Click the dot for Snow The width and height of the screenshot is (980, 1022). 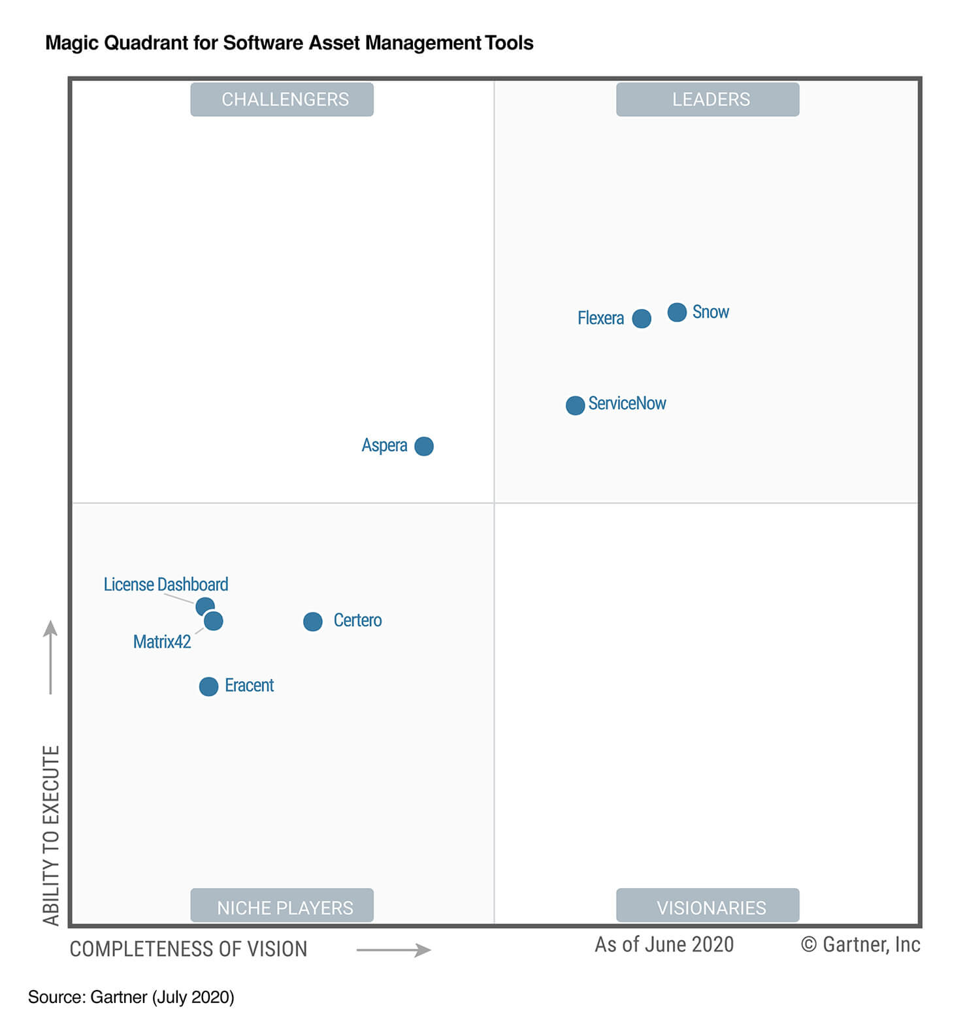pos(677,312)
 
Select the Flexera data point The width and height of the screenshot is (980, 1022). pos(642,319)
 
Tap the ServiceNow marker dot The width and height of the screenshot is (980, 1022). pos(575,406)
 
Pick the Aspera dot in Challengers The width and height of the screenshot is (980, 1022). pos(424,446)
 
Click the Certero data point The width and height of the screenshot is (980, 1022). pos(313,622)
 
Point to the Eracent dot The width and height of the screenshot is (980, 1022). pos(208,686)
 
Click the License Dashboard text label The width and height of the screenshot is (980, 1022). pos(166,584)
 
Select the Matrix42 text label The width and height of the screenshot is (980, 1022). pos(162,642)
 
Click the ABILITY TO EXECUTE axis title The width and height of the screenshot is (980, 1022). pos(51,835)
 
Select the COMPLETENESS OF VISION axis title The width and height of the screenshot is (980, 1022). pos(188,949)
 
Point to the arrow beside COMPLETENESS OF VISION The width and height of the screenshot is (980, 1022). pos(393,950)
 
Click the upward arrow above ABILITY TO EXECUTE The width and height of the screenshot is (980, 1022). pos(50,657)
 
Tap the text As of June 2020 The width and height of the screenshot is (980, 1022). pos(664,944)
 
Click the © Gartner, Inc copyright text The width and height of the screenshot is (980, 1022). pos(860,944)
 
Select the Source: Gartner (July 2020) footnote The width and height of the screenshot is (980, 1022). pos(131,997)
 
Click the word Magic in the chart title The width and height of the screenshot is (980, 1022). pos(72,43)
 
